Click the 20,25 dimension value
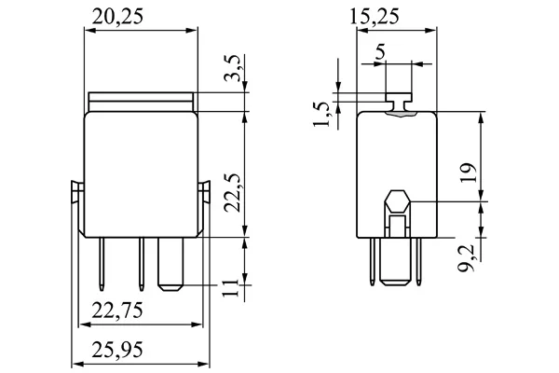coord(117,17)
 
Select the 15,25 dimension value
coord(374,17)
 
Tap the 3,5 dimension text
coord(234,68)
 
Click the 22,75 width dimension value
coord(117,310)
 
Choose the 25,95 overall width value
coord(117,350)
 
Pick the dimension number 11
coord(230,287)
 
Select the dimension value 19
coord(468,173)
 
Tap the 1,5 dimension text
coord(322,115)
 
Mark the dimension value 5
coord(381,52)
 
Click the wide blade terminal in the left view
coord(170,264)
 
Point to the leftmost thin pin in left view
coord(102,265)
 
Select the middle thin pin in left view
coord(142,265)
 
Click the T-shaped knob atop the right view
coord(399,102)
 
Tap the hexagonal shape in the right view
coord(398,202)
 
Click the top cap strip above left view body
coord(142,102)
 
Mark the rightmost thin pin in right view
coord(418,261)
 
